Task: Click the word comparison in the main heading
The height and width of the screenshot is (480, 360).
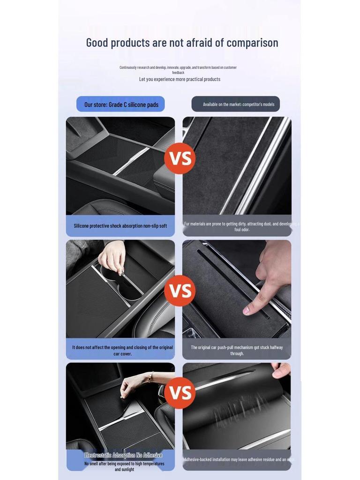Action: point(252,43)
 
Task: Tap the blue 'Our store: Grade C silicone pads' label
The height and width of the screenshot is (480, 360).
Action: point(121,105)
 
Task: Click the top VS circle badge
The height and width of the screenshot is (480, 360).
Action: point(180,158)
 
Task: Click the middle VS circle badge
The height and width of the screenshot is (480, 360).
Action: point(180,291)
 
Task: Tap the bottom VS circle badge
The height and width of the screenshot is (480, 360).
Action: point(180,393)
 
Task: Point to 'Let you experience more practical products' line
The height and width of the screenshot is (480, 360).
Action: point(180,79)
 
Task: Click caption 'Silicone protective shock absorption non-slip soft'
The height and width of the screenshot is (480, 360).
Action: point(120,226)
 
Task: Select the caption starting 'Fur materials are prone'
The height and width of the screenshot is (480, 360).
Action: point(239,227)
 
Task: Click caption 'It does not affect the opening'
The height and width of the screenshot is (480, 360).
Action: point(122,351)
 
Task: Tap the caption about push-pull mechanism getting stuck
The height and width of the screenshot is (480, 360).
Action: point(237,351)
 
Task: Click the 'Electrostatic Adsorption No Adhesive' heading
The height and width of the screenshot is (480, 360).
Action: point(123,455)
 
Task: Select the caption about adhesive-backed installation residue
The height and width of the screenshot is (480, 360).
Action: point(238,460)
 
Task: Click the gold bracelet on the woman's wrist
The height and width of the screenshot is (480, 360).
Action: point(150,376)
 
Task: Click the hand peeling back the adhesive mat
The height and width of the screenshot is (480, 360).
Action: point(281,370)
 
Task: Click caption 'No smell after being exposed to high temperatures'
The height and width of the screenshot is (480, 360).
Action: point(124,466)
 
